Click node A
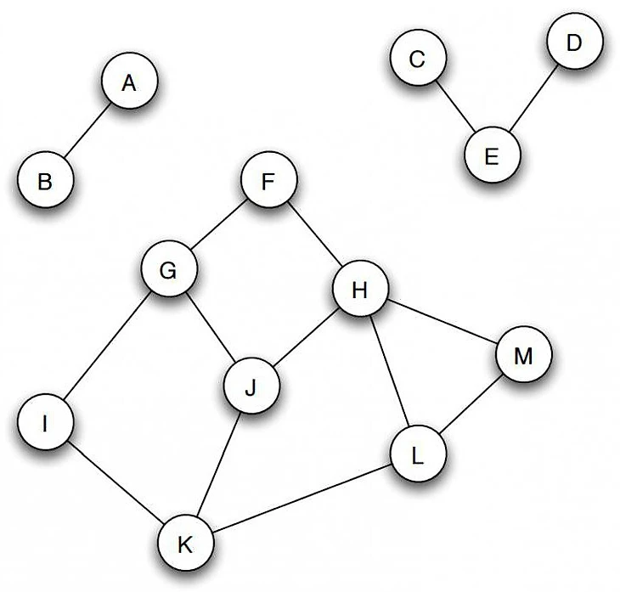129,83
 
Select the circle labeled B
46,181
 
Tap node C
416,59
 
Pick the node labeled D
573,42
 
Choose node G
168,270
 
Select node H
359,290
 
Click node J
250,389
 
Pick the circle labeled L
417,456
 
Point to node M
523,357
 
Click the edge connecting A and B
87,132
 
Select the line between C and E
454,108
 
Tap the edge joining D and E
533,99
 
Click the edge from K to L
302,500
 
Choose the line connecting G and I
106,347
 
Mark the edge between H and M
442,324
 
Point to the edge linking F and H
313,235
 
